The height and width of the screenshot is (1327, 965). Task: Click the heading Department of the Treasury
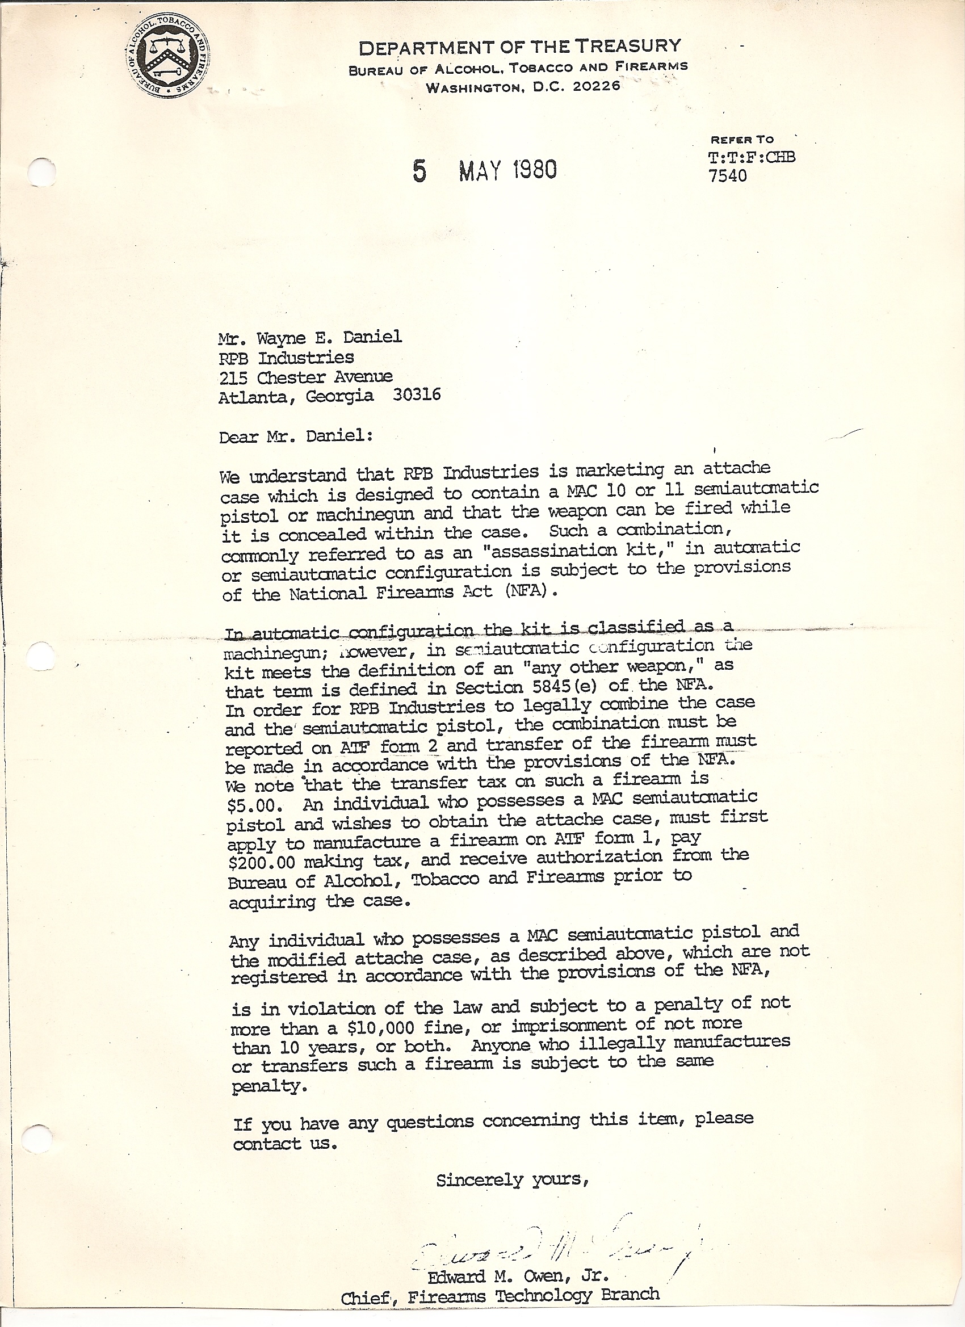519,47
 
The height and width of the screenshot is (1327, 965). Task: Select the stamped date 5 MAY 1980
485,170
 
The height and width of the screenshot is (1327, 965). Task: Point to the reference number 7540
727,175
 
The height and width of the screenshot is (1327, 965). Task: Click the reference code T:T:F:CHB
752,157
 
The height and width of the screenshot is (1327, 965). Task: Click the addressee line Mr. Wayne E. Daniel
309,337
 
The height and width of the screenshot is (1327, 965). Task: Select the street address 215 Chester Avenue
305,377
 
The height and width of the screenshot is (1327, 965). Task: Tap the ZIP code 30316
417,395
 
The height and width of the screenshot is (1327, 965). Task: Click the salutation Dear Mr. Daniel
295,436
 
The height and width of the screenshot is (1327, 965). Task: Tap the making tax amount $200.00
263,862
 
